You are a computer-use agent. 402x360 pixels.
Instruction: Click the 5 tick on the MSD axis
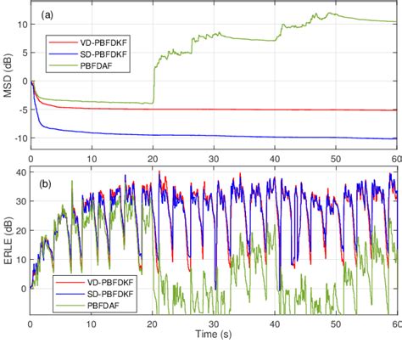[x=23, y=53]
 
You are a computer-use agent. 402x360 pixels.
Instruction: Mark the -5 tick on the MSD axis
[x=20, y=110]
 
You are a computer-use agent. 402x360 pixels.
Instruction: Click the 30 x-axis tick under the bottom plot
[x=213, y=323]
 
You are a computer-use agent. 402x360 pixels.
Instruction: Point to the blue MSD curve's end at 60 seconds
[x=395, y=138]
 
